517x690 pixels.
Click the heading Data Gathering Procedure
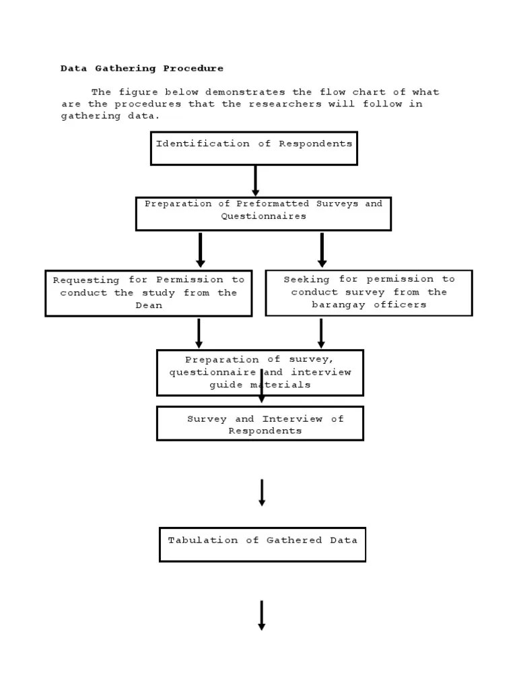[x=141, y=68]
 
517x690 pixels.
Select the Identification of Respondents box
[x=254, y=148]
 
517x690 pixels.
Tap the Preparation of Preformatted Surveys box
[x=263, y=214]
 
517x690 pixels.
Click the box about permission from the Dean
[x=149, y=293]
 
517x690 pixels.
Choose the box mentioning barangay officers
[x=369, y=292]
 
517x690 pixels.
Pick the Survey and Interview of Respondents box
[x=260, y=424]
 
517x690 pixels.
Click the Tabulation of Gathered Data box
[x=263, y=544]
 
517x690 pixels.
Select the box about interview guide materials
[x=260, y=373]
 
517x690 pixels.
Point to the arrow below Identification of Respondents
[x=255, y=181]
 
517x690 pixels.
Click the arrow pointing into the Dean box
[x=201, y=250]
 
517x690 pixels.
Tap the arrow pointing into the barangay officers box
[x=322, y=250]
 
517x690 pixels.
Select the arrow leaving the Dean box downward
[x=199, y=333]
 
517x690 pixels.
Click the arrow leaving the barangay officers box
[x=321, y=333]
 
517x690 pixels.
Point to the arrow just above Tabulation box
[x=262, y=493]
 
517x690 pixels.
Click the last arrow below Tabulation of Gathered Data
[x=261, y=615]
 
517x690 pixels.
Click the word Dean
[x=149, y=305]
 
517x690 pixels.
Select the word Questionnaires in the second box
[x=263, y=216]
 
